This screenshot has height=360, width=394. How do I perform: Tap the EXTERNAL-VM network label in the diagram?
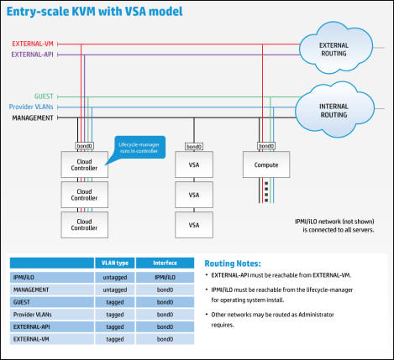33,42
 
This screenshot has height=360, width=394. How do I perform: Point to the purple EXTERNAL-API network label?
33,54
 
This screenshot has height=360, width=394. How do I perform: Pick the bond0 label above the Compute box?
265,145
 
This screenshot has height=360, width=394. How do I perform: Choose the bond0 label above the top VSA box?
194,145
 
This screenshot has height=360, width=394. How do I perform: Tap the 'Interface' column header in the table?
165,262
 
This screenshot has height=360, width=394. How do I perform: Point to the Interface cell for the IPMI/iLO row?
165,274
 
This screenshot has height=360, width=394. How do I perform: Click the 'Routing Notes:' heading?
238,263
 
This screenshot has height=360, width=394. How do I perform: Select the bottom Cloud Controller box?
84,224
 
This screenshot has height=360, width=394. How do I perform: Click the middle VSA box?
194,195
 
